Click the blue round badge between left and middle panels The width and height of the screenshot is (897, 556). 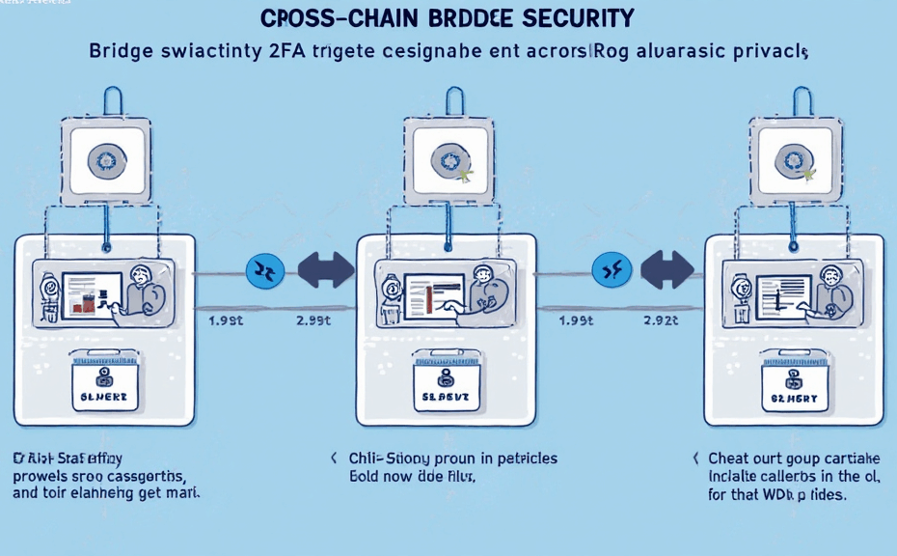coord(264,271)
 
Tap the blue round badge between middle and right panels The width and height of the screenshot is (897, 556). coord(612,271)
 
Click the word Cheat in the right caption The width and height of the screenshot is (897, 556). coord(729,459)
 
